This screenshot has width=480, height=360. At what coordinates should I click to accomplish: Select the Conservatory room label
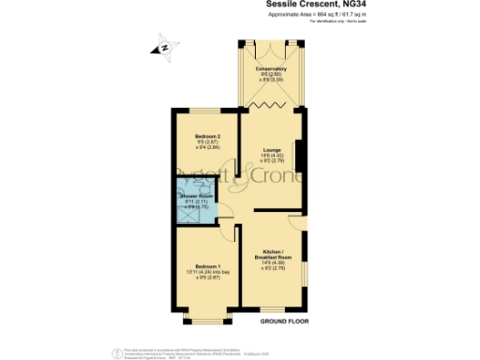click(271, 69)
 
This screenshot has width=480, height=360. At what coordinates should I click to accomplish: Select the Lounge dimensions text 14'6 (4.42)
click(271, 156)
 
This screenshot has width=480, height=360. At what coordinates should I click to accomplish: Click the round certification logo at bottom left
click(116, 352)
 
